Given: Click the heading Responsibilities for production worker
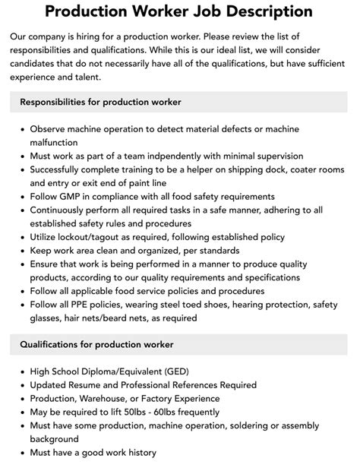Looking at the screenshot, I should click(x=100, y=102).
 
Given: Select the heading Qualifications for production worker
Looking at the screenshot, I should click(x=96, y=344).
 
